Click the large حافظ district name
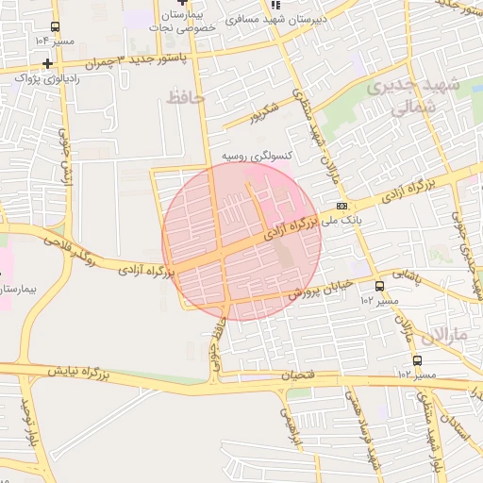[185, 96]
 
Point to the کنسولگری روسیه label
[256, 153]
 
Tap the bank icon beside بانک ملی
[341, 205]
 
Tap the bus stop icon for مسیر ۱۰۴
[56, 27]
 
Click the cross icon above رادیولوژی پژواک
[46, 63]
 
